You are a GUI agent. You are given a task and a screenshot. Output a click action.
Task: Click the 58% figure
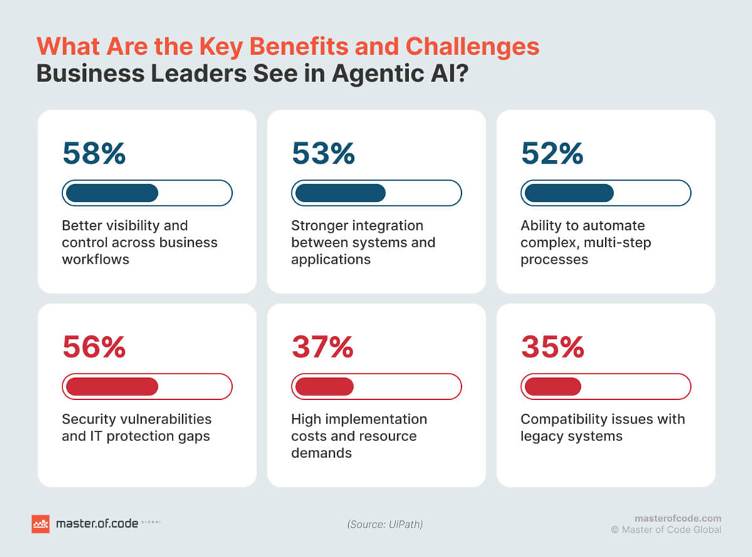pyautogui.click(x=94, y=153)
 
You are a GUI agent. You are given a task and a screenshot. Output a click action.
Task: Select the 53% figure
pyautogui.click(x=323, y=153)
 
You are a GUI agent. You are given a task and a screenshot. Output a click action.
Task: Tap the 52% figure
pyautogui.click(x=552, y=153)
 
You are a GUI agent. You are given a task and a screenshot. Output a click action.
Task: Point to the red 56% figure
pyautogui.click(x=94, y=347)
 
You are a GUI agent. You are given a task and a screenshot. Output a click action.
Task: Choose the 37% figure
pyautogui.click(x=322, y=347)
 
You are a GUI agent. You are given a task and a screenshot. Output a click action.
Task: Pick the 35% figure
pyautogui.click(x=552, y=347)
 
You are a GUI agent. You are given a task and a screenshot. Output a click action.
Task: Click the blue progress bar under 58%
pyautogui.click(x=147, y=193)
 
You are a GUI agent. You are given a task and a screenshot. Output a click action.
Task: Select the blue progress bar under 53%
pyautogui.click(x=376, y=193)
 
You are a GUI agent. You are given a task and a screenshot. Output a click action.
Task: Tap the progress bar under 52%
pyautogui.click(x=605, y=193)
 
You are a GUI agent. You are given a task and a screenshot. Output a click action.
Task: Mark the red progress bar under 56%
pyautogui.click(x=147, y=387)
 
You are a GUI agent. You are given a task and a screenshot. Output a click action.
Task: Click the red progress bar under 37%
pyautogui.click(x=376, y=387)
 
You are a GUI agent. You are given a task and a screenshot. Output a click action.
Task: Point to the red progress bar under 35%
pyautogui.click(x=605, y=387)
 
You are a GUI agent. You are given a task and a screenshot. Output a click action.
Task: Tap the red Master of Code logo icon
pyautogui.click(x=40, y=524)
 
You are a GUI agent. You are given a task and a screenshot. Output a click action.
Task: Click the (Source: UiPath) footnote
pyautogui.click(x=385, y=524)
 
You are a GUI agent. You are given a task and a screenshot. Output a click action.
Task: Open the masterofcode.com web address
pyautogui.click(x=677, y=517)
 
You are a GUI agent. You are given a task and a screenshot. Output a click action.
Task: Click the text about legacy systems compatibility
pyautogui.click(x=602, y=427)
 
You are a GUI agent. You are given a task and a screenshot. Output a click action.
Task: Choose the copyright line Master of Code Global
pyautogui.click(x=666, y=530)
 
